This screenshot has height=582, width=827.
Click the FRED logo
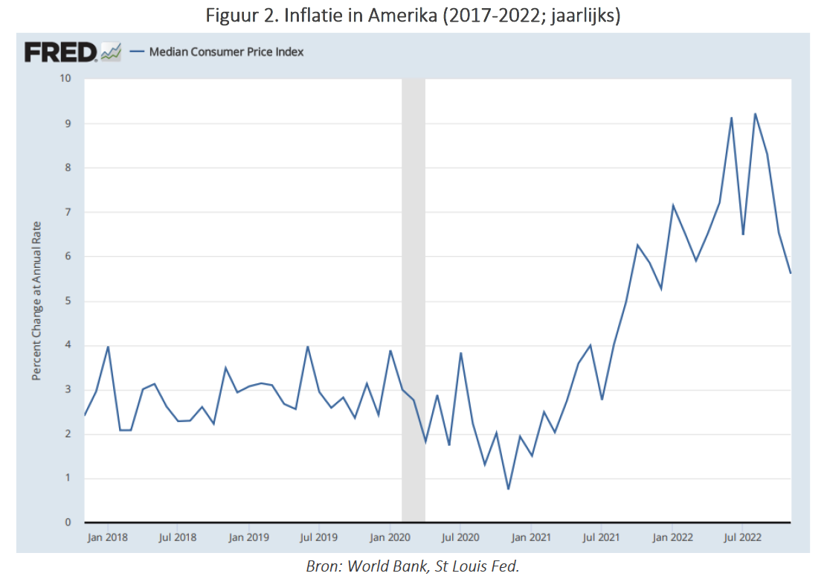(61, 51)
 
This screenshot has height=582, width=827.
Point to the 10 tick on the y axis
(66, 78)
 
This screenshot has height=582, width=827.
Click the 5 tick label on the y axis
(69, 301)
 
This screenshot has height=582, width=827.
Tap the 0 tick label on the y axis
(69, 522)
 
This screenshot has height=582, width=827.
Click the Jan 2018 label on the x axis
(108, 537)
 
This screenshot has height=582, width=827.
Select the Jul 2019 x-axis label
(318, 537)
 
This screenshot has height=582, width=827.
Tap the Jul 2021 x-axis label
(600, 537)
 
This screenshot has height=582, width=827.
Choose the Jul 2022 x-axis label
(741, 537)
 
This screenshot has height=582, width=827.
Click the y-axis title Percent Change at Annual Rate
(37, 301)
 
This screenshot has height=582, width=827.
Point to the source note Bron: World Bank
(413, 566)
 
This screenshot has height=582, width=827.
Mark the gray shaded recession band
(413, 298)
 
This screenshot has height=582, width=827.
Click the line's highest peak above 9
(756, 114)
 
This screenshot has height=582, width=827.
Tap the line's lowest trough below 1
(508, 489)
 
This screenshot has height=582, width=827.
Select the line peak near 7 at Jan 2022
(673, 205)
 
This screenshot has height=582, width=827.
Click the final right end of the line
(790, 273)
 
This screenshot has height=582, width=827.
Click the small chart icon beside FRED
(111, 51)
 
